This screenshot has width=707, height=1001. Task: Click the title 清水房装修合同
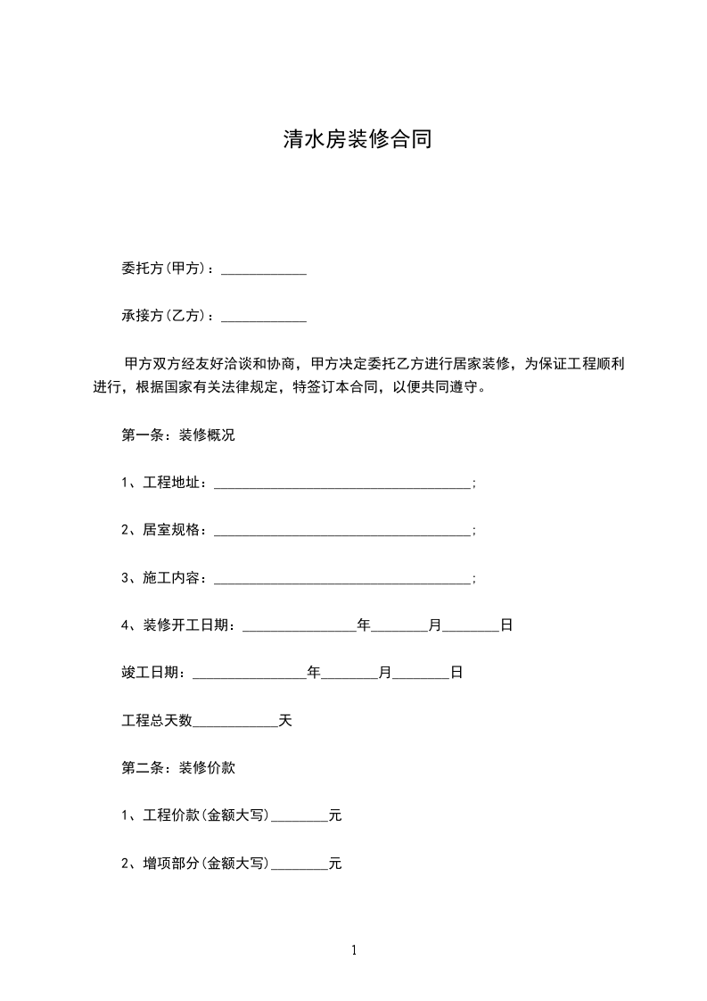click(x=357, y=140)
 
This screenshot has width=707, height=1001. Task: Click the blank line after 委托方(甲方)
click(x=263, y=269)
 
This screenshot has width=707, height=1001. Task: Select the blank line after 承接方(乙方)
click(x=263, y=317)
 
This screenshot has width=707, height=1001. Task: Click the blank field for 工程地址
click(x=342, y=484)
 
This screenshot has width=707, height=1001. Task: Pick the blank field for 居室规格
click(x=342, y=532)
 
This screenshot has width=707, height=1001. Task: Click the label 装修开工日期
click(x=189, y=626)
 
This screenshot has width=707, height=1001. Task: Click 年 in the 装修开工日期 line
click(x=364, y=626)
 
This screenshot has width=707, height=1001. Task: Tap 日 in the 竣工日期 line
click(x=456, y=674)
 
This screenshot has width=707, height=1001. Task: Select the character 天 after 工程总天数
click(x=285, y=721)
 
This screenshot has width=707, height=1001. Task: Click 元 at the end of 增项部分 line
click(x=335, y=864)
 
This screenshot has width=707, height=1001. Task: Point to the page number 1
click(x=354, y=951)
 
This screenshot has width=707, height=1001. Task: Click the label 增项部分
click(x=172, y=864)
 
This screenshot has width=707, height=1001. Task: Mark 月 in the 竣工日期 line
click(x=385, y=674)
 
